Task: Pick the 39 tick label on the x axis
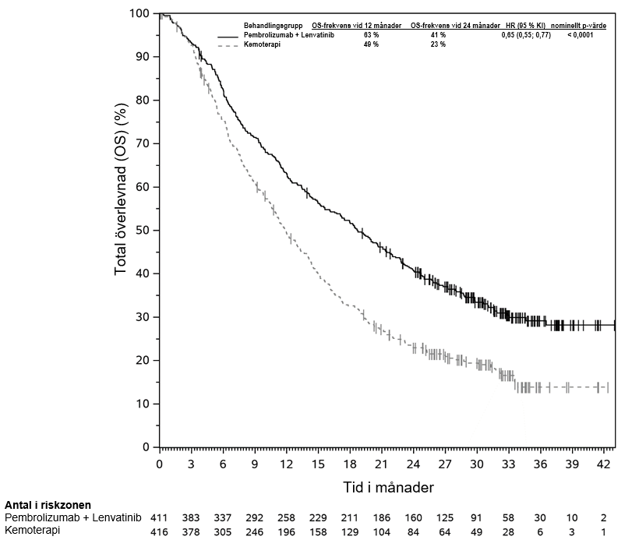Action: click(571, 464)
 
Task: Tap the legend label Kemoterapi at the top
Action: click(262, 45)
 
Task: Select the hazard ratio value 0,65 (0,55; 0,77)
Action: click(527, 36)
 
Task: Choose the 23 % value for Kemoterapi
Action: click(438, 45)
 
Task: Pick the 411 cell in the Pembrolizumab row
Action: click(159, 518)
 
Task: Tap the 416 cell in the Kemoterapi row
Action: click(159, 531)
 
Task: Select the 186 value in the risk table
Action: click(381, 518)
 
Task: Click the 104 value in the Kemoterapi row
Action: click(381, 531)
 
